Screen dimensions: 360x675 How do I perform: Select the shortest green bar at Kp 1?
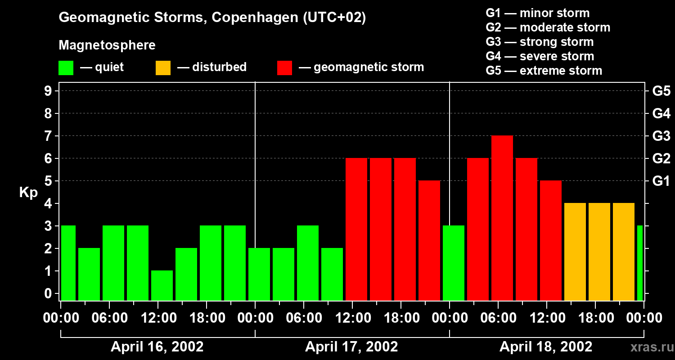(x=162, y=285)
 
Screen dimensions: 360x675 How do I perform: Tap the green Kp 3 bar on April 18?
(x=454, y=263)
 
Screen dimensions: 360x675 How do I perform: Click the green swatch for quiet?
(x=66, y=68)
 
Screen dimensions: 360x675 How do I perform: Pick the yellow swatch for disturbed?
(x=163, y=68)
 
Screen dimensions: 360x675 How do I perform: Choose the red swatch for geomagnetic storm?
(x=285, y=68)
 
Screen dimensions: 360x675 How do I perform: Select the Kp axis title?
(x=28, y=193)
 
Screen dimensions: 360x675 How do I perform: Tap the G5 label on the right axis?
(x=661, y=91)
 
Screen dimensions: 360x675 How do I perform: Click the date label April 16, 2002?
(x=157, y=347)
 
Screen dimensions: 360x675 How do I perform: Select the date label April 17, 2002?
(x=351, y=347)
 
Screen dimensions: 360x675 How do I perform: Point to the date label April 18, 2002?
(x=546, y=347)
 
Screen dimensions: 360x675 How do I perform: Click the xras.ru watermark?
(x=651, y=347)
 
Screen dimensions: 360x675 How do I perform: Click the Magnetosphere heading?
(x=107, y=45)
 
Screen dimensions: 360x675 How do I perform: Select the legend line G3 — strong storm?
(x=540, y=42)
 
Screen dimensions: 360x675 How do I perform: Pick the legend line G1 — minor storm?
(x=537, y=13)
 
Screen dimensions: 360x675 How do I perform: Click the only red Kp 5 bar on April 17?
(x=429, y=240)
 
